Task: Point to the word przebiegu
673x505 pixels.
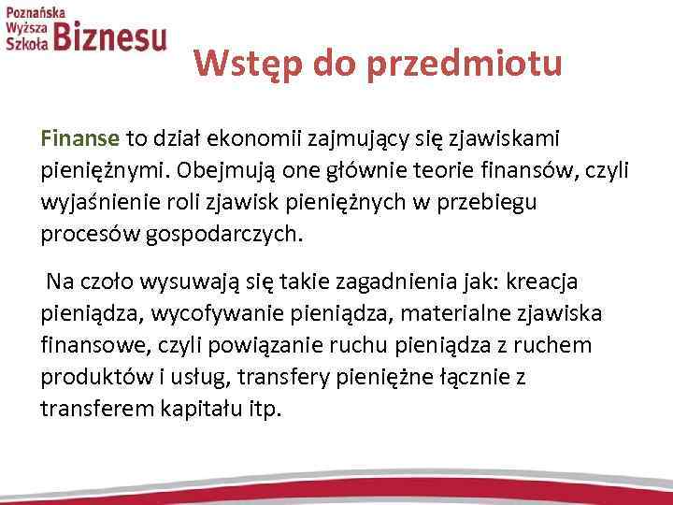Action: [x=509, y=202]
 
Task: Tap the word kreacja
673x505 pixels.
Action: [x=564, y=281]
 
